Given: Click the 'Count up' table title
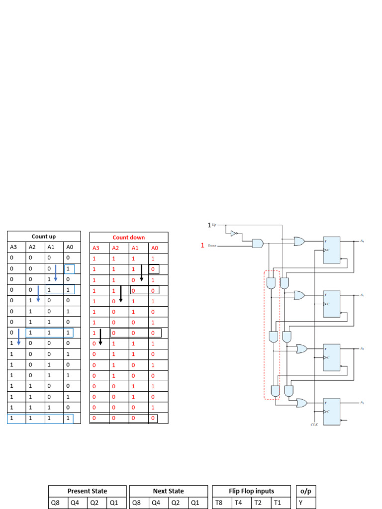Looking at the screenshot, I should click(44, 237).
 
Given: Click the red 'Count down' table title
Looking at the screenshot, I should click(129, 238).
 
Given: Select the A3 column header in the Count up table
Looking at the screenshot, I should click(13, 247).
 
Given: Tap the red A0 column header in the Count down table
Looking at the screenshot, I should click(155, 248).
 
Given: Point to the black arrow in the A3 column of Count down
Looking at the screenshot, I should click(100, 337).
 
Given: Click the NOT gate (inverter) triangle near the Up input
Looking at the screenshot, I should click(234, 233).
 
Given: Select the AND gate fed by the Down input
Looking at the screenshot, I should click(258, 243).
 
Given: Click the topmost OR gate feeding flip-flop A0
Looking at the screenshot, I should click(299, 241).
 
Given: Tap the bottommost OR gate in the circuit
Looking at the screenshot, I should click(301, 402).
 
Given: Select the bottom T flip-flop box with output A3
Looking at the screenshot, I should click(331, 411).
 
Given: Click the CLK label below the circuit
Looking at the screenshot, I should click(313, 424).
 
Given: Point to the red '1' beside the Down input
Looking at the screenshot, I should click(202, 245).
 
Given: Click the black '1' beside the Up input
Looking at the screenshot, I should click(209, 225).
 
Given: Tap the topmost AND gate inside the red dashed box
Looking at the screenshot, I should click(271, 283).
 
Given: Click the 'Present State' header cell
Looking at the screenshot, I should click(87, 491).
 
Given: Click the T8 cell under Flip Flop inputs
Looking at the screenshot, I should click(219, 503).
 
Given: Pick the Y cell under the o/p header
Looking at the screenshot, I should click(300, 503).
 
